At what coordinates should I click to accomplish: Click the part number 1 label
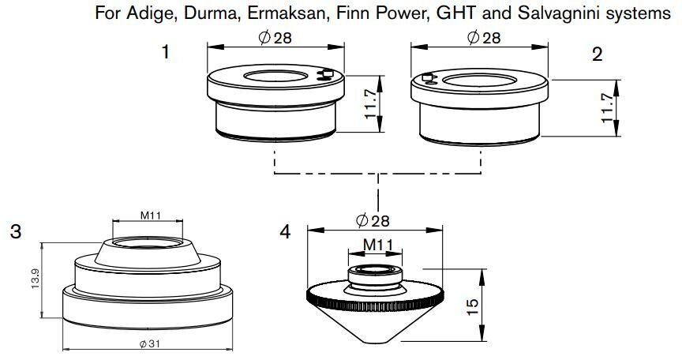click(x=166, y=54)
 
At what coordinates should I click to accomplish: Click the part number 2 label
click(x=597, y=54)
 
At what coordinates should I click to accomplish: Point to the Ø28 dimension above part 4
click(x=373, y=221)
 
